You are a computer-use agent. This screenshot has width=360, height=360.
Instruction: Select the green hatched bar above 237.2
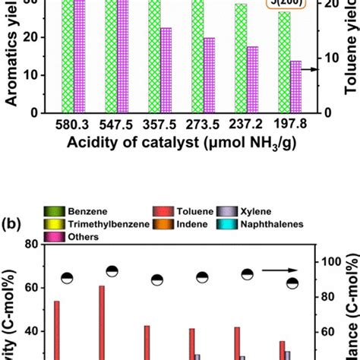[241, 58]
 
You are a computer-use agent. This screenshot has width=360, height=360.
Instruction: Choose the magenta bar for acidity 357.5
[166, 70]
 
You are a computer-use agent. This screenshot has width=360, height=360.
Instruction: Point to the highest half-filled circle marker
[112, 272]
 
